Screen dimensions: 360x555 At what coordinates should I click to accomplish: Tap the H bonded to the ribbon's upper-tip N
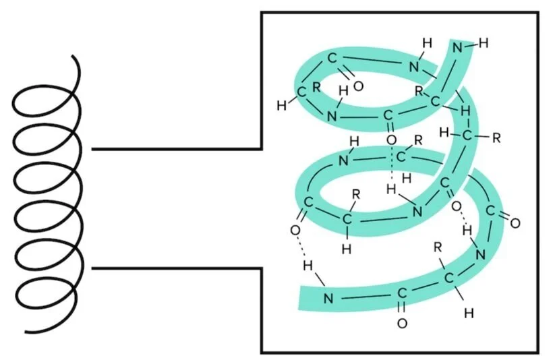click(x=483, y=44)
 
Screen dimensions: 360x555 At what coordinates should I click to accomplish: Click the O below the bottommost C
click(x=402, y=323)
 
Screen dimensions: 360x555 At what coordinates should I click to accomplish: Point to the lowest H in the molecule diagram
click(x=469, y=313)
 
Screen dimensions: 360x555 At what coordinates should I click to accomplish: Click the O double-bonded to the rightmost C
click(x=516, y=222)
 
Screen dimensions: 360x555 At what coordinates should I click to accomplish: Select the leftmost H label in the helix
click(x=282, y=105)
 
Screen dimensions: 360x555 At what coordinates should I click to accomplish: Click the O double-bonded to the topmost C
click(x=358, y=86)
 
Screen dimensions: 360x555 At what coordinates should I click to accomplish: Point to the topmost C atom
click(x=332, y=58)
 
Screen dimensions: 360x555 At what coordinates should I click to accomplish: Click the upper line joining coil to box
click(x=175, y=148)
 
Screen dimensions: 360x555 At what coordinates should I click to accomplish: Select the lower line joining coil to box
click(x=175, y=268)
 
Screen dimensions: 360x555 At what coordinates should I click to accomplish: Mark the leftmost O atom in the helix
click(x=295, y=230)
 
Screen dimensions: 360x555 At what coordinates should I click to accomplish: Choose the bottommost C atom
click(x=402, y=294)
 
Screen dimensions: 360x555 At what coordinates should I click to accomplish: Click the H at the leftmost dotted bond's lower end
click(x=308, y=266)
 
